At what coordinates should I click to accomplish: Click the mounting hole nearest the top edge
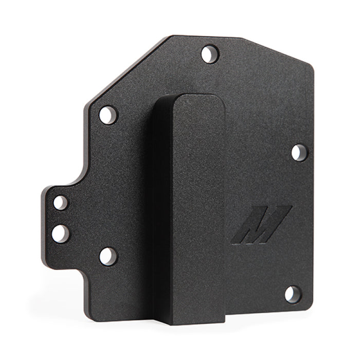[x=209, y=53]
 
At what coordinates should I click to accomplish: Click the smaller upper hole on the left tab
[x=61, y=203]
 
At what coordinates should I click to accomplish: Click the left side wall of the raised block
[x=161, y=206]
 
